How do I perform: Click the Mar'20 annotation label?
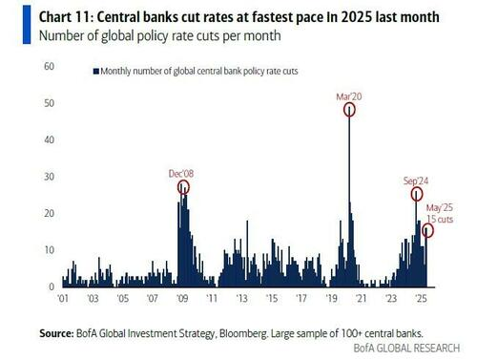pos(349,96)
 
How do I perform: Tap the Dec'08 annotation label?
pos(181,174)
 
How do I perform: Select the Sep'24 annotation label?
pos(416,180)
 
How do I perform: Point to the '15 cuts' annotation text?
pos(440,219)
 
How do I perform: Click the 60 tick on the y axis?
pos(49,66)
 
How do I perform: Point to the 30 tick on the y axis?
pos(49,177)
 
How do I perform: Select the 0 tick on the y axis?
pos(52,286)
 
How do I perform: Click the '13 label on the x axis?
pos(241,299)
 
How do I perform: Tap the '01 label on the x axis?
pos(63,299)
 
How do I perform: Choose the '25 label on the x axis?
pos(421,299)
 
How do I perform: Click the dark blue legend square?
pos(96,71)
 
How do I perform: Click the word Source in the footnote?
pos(56,333)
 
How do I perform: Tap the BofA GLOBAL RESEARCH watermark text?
pos(406,348)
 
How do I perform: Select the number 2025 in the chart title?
pos(356,17)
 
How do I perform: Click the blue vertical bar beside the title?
pos(27,25)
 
